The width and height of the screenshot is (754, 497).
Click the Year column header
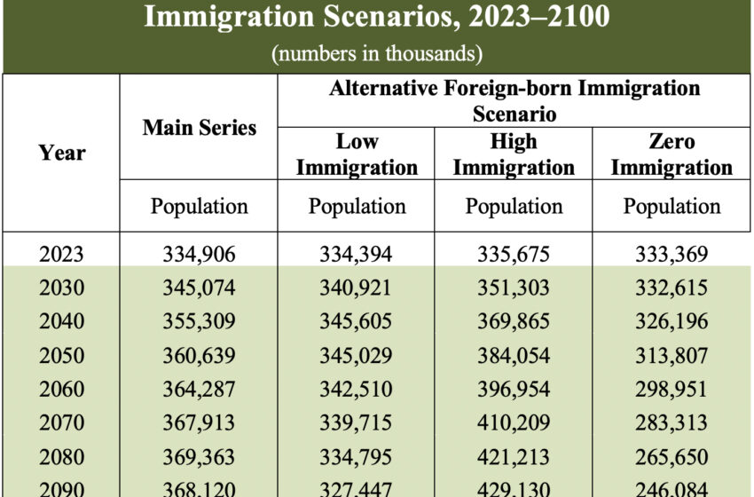(62, 153)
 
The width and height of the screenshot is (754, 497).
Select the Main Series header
(200, 128)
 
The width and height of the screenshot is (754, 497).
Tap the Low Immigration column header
(357, 154)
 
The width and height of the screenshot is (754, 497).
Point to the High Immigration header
(514, 154)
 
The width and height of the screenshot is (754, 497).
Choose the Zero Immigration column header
(672, 154)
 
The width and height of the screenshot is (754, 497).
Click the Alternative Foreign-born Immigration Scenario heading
(514, 101)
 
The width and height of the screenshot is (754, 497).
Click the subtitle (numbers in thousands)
(377, 53)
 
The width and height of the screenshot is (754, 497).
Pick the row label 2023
(62, 255)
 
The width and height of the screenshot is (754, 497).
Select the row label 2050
(62, 356)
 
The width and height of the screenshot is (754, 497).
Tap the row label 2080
(62, 457)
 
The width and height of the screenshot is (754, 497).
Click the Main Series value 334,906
(200, 255)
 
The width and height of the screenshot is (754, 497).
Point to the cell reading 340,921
(357, 288)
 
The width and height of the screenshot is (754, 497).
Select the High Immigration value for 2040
(514, 322)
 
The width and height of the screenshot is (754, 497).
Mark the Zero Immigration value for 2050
(672, 356)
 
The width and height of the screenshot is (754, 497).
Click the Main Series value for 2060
(200, 390)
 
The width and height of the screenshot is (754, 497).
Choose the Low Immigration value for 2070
(357, 423)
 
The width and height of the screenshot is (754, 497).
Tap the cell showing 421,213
(514, 457)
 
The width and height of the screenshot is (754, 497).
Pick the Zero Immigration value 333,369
(672, 255)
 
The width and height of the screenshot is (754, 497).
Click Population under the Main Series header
(200, 207)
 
